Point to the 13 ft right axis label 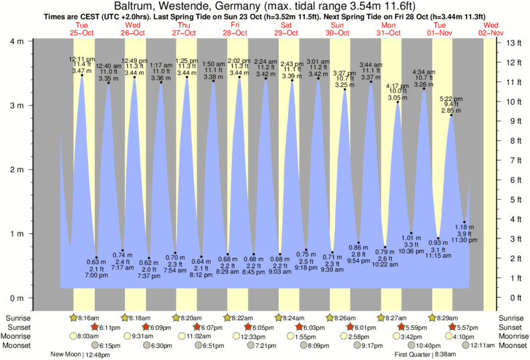(x=513, y=43)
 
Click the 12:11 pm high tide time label (x=82, y=59)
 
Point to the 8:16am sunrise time (x=93, y=318)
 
